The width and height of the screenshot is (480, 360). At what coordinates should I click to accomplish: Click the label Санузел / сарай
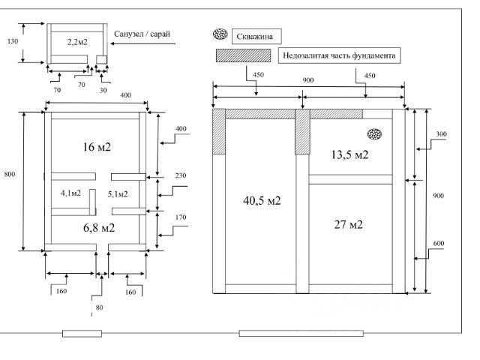tap(142, 34)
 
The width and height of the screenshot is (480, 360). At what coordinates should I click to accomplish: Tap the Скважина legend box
tap(256, 37)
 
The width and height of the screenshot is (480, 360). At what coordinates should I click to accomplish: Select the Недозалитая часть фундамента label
tap(339, 55)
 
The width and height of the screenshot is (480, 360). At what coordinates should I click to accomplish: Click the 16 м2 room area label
tap(97, 147)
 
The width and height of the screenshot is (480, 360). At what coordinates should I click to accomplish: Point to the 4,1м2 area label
tap(70, 193)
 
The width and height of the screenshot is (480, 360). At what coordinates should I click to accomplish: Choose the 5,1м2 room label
tap(118, 194)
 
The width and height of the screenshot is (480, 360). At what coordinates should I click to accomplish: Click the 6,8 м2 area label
tap(99, 228)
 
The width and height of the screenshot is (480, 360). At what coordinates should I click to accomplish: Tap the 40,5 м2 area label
tap(262, 200)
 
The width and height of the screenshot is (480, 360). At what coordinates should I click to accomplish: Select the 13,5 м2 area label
tap(349, 154)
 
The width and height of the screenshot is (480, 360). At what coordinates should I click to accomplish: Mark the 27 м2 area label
tap(348, 225)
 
